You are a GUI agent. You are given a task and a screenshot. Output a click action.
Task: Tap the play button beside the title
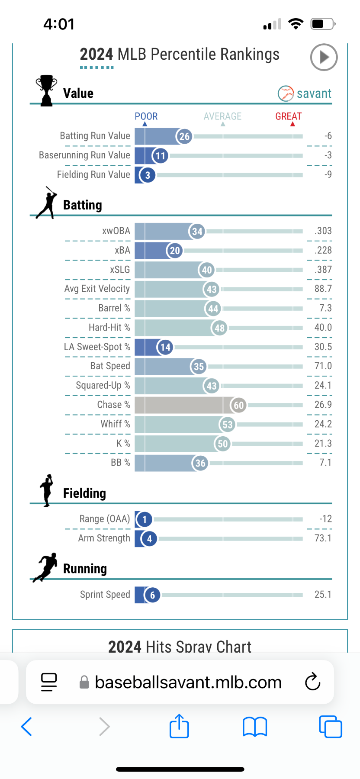324,57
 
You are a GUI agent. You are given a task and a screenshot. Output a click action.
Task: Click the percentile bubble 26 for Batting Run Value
184,137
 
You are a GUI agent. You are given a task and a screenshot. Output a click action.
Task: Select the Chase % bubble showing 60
239,406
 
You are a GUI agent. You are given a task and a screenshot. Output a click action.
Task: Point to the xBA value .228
323,250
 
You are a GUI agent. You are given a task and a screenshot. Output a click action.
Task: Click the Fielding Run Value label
93,174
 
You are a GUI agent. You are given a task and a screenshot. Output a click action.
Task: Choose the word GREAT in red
289,116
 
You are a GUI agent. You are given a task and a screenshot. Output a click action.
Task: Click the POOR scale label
146,116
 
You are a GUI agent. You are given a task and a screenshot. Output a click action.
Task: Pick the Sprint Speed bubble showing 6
152,595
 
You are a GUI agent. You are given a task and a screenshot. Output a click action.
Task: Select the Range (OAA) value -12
325,519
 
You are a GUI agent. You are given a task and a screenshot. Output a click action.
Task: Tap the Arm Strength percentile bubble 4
149,539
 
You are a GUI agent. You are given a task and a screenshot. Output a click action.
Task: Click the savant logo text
314,93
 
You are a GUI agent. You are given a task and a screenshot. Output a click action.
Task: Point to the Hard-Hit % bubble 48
220,328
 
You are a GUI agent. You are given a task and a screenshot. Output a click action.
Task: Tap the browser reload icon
312,682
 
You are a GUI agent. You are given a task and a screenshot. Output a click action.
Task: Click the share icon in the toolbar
179,726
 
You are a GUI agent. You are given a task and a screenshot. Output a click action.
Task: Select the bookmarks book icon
255,726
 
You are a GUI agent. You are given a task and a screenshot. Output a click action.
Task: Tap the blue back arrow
27,726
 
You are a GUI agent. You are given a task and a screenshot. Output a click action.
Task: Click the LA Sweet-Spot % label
97,347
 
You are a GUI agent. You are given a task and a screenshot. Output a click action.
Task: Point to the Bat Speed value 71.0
323,366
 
